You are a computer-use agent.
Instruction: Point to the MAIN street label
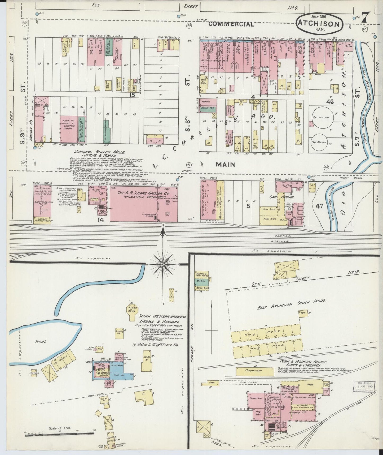(225, 165)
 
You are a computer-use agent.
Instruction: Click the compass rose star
(162, 264)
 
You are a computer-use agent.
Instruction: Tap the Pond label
(41, 341)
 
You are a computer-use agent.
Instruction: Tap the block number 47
(319, 206)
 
